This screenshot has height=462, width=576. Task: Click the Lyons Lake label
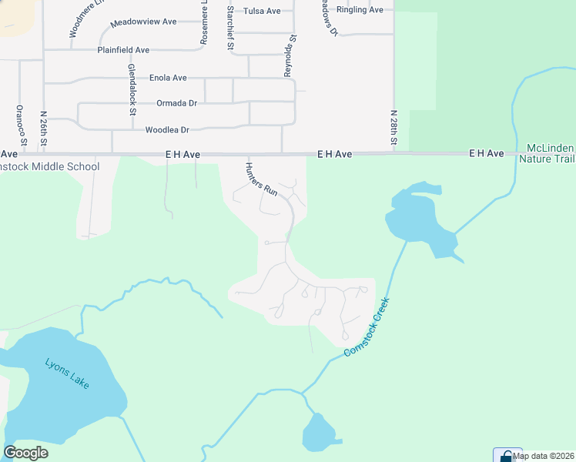click(x=67, y=373)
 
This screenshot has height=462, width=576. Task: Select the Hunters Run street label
click(x=260, y=179)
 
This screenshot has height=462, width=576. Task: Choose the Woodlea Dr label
click(x=167, y=130)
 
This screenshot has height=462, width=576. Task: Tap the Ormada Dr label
click(x=176, y=103)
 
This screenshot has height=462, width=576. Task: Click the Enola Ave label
click(x=168, y=78)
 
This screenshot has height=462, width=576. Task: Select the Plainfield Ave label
click(x=123, y=50)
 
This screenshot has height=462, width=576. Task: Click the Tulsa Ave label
click(x=262, y=11)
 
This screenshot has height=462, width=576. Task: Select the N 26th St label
click(x=44, y=129)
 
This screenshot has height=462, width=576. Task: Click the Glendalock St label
click(x=132, y=90)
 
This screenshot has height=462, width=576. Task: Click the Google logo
click(x=26, y=452)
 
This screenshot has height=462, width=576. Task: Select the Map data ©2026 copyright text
click(x=544, y=456)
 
